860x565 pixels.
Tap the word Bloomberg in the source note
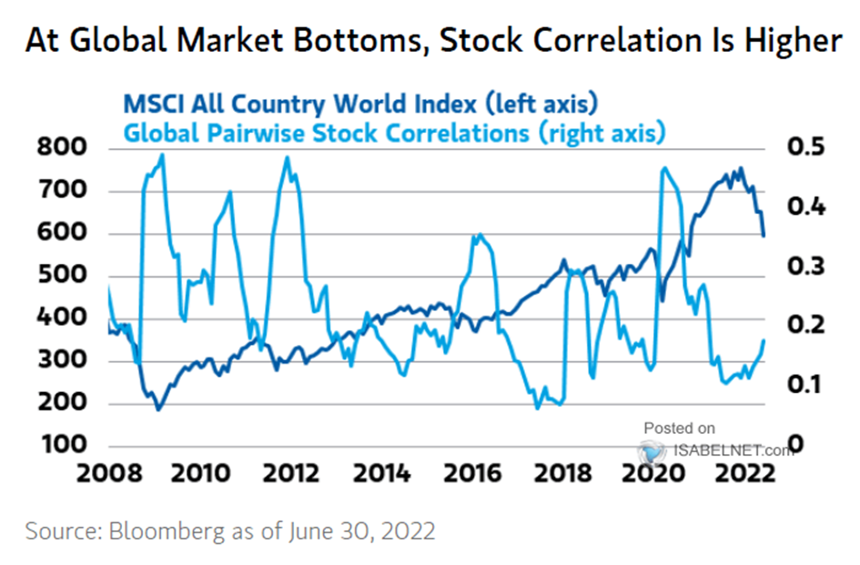pos(152,530)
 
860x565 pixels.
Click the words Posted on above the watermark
pos(679,428)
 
